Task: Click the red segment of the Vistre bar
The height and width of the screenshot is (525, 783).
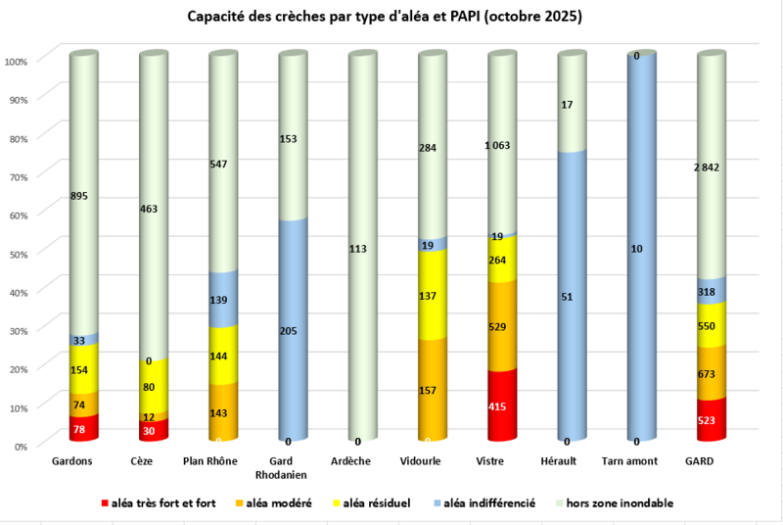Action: (502, 406)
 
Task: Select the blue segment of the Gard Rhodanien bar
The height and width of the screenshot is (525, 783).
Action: (293, 330)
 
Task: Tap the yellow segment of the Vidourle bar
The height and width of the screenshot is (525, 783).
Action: (433, 295)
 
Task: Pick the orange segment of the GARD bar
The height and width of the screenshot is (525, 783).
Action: (712, 372)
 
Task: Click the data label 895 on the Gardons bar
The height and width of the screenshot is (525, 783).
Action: (79, 196)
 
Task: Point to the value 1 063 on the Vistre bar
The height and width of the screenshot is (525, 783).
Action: (497, 145)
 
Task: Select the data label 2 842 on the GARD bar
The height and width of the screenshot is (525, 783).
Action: (707, 167)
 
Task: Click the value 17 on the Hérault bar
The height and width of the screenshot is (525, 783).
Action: (567, 105)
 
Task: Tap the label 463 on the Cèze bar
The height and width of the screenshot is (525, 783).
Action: (149, 209)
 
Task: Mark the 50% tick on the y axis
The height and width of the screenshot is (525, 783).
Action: (18, 254)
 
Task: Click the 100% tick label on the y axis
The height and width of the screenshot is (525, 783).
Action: (16, 62)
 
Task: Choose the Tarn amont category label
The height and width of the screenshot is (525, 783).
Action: (629, 461)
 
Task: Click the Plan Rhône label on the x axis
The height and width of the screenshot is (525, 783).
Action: (210, 461)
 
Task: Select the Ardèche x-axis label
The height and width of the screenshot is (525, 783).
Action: (350, 461)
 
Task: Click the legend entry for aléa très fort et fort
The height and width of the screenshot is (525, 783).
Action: (159, 503)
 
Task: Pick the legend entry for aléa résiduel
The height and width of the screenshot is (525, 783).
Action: (372, 503)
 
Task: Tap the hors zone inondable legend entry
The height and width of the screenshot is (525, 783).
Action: (615, 503)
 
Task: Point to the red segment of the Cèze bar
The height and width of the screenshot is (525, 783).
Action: (154, 430)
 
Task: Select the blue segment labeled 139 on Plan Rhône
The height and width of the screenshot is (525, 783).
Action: (223, 299)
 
